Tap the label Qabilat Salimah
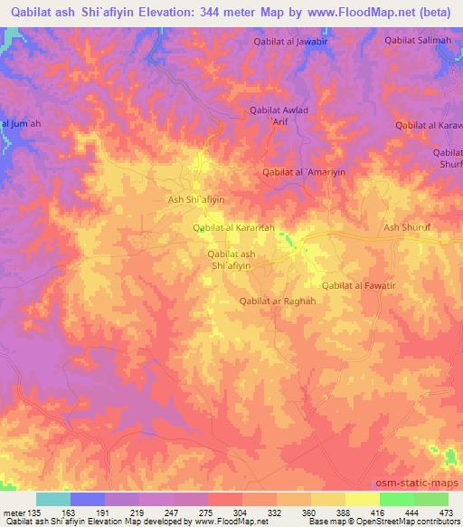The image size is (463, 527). (x=417, y=40)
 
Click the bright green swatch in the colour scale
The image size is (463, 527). (x=396, y=499)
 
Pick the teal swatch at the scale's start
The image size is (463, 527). (x=53, y=499)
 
